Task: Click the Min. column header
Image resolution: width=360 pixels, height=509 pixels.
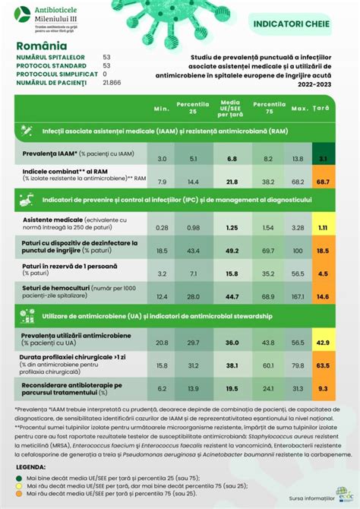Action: tap(161, 109)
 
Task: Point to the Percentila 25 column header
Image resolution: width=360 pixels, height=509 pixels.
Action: tap(193, 106)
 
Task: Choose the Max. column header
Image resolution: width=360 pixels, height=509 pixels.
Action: tap(298, 109)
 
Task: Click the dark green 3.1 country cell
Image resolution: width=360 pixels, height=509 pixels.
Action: tap(323, 158)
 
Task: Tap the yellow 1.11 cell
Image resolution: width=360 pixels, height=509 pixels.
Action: tap(323, 227)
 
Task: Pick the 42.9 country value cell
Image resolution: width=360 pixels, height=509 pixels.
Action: tap(323, 343)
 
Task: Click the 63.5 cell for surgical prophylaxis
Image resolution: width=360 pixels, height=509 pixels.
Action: tap(323, 365)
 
